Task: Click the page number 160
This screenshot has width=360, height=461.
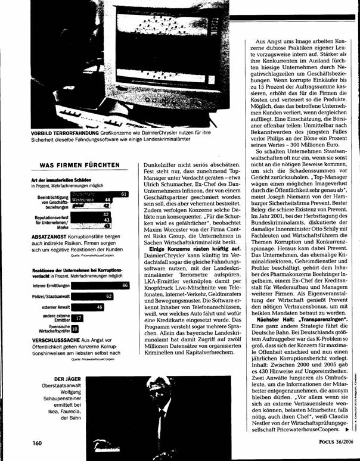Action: tap(39, 444)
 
